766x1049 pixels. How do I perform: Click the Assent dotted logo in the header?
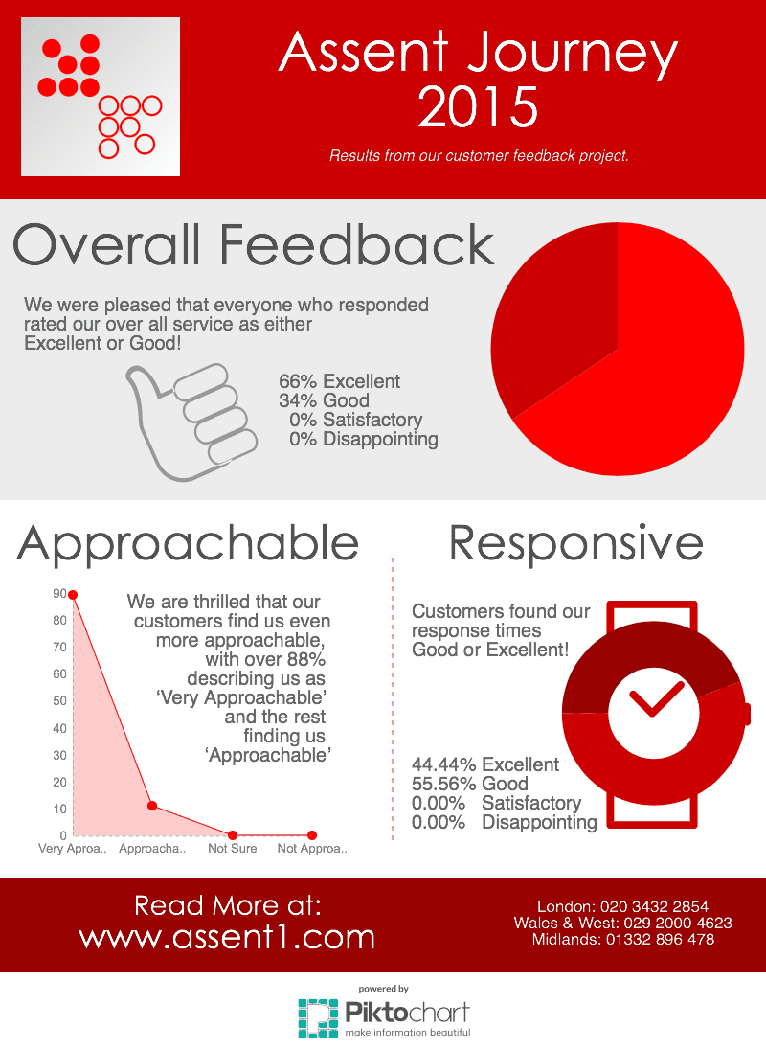coord(101,97)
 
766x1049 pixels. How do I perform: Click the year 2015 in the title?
coord(478,107)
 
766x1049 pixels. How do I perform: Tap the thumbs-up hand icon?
coord(191,422)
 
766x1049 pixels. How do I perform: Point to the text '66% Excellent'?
coord(340,381)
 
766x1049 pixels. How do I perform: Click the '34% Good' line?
coord(325,400)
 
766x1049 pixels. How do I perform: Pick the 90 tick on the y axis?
coord(59,594)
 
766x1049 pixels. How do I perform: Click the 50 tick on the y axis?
coord(59,700)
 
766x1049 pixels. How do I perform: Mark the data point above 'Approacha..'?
coord(152,806)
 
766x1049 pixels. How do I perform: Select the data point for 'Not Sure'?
coord(233,835)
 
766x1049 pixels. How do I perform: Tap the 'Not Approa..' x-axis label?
coord(312,848)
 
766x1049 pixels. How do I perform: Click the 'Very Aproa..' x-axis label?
coord(72,848)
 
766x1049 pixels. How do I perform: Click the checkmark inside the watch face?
coord(656,698)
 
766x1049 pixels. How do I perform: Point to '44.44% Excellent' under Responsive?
coord(485,764)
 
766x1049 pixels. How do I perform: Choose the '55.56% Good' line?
coord(470,784)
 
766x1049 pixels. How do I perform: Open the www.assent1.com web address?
coord(227,937)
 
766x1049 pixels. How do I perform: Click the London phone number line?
coord(623,906)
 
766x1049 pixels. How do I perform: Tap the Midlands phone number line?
coord(623,939)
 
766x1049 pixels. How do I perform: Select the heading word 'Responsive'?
coord(576,543)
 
